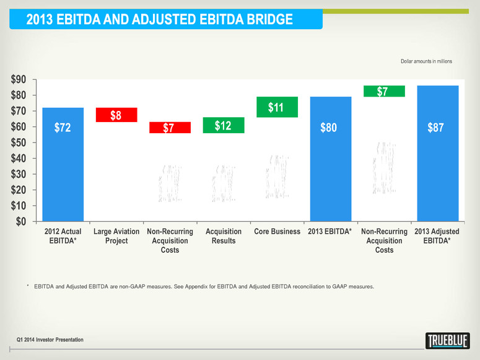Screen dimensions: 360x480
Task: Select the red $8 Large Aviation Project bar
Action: (116, 115)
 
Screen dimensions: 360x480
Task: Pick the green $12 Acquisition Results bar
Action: (223, 125)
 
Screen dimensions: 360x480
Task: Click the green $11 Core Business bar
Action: (276, 107)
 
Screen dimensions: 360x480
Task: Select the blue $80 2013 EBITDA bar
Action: (330, 158)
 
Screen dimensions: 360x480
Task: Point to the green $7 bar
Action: (384, 91)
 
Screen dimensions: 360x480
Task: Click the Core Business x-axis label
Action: (277, 232)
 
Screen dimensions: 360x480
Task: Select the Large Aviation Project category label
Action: (116, 236)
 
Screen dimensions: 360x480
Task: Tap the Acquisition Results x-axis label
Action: (223, 236)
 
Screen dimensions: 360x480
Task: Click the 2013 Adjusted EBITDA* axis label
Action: (437, 236)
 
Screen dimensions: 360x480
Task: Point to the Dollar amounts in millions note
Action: (426, 61)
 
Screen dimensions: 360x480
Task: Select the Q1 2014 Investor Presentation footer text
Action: (50, 340)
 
